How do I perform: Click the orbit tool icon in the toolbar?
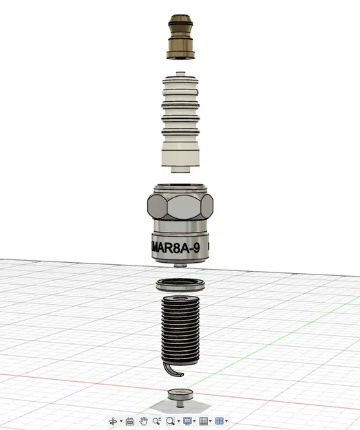(x=114, y=420)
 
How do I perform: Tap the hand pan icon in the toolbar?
(x=143, y=420)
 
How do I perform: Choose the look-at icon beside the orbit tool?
(x=129, y=420)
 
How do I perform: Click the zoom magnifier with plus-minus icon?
(x=157, y=420)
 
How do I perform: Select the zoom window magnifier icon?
(x=171, y=420)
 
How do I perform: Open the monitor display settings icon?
(x=187, y=420)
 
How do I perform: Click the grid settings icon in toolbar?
(x=204, y=420)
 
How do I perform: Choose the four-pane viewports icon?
(x=219, y=420)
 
